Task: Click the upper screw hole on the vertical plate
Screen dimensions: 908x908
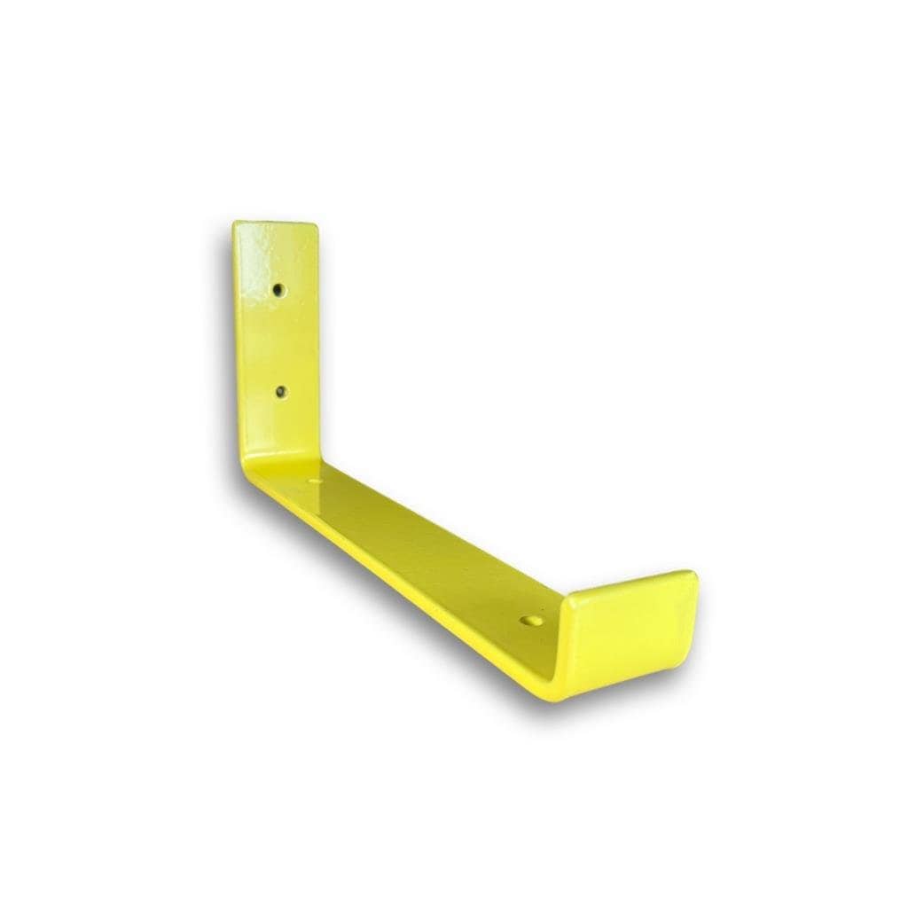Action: point(278,289)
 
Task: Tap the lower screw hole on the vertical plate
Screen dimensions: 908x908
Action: point(281,391)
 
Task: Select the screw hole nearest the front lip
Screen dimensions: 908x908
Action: point(532,623)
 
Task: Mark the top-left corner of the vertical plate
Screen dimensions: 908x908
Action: point(235,223)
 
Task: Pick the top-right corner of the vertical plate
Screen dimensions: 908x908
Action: point(317,225)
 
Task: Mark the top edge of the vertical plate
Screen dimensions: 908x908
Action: point(276,223)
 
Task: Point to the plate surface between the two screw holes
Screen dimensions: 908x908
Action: point(279,341)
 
